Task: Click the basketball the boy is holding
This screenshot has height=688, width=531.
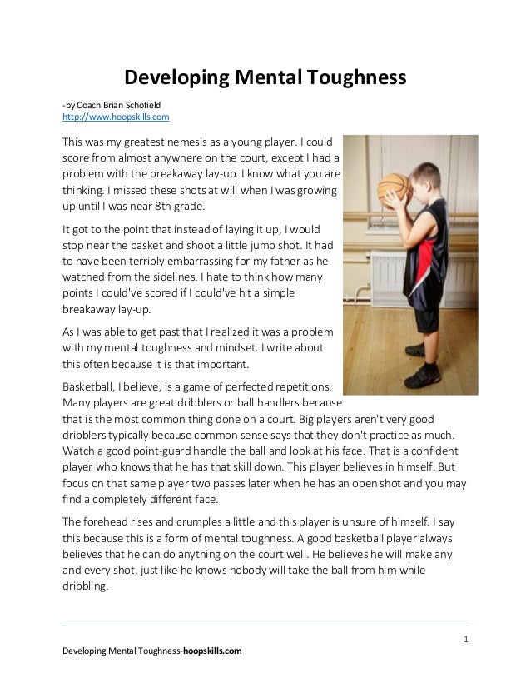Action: point(392,188)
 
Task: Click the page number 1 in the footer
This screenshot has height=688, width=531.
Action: point(466,639)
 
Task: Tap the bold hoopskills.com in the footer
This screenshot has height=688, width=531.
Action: point(212,651)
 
